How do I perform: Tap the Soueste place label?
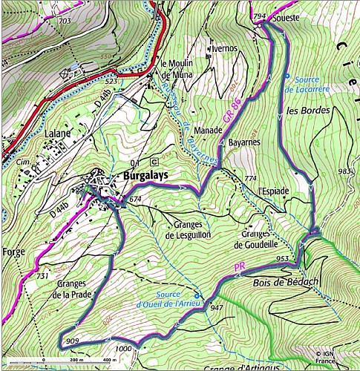[x=287, y=16]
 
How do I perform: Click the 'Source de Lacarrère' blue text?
[x=306, y=84]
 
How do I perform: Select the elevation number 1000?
[x=123, y=348]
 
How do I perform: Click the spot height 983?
[x=345, y=171]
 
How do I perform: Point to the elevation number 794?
[x=259, y=16]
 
